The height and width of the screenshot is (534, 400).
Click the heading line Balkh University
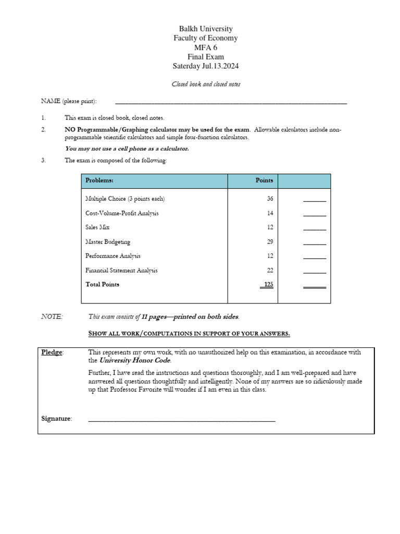(206, 29)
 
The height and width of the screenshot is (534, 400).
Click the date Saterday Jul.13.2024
(206, 66)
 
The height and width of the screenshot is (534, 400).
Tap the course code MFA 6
(206, 47)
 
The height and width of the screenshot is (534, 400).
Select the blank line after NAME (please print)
(230, 103)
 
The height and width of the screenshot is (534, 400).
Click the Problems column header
(99, 180)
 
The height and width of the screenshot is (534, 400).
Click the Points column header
(264, 180)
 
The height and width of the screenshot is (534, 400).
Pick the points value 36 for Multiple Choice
(269, 199)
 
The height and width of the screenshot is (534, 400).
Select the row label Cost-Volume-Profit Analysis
(122, 213)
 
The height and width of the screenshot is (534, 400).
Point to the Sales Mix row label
(97, 227)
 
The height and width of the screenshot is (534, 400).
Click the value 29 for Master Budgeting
(269, 242)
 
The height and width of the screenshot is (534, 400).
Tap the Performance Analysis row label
(113, 256)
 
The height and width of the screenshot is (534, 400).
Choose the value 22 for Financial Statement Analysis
(269, 270)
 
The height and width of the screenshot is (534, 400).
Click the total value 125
(268, 285)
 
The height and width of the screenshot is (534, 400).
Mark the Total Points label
(102, 285)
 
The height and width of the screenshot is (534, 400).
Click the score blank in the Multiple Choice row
(315, 200)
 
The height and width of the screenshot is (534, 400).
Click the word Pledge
(52, 353)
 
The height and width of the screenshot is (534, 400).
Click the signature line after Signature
(181, 419)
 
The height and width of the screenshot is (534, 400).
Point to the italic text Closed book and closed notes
(206, 84)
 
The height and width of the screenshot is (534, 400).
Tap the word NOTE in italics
(52, 317)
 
